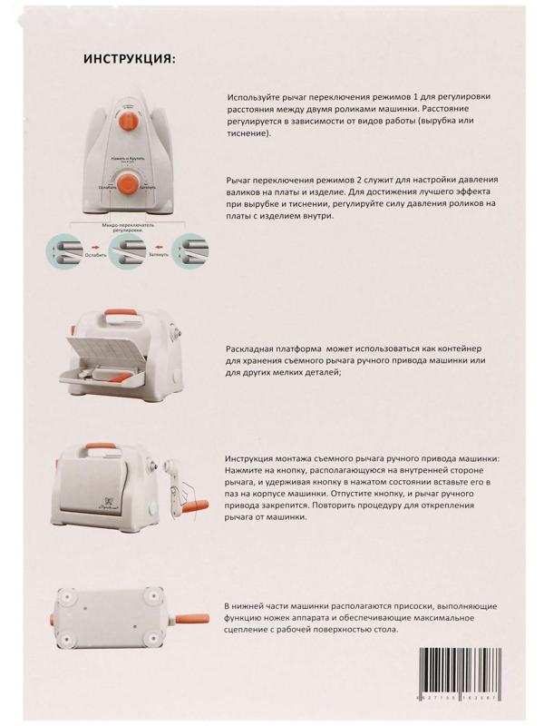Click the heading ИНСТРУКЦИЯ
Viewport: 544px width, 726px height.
click(130, 60)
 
